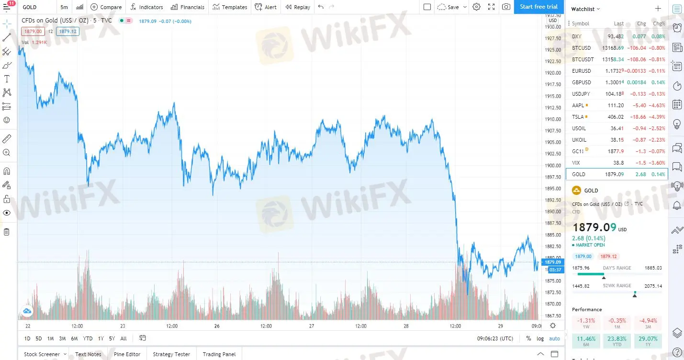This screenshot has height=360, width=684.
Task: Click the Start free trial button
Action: click(538, 7)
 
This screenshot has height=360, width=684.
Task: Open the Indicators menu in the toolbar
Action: click(147, 7)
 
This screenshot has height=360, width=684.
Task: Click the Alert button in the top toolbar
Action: click(266, 7)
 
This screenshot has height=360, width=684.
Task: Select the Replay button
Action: click(297, 7)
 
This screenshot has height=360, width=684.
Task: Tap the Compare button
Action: click(106, 7)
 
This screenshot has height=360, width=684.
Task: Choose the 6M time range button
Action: click(74, 338)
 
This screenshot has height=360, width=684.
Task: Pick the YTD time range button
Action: click(88, 338)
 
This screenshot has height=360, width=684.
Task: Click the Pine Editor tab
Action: click(127, 354)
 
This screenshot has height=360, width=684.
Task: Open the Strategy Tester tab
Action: click(171, 354)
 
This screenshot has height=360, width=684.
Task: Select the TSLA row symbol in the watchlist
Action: click(578, 117)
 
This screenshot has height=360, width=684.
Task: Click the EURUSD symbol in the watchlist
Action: click(582, 71)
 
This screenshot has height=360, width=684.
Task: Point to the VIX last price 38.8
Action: click(619, 163)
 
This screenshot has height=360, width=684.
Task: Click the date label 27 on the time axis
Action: click(312, 326)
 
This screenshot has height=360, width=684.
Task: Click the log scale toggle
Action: click(540, 338)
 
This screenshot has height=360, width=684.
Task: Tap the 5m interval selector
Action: click(64, 7)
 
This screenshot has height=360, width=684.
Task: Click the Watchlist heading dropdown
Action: click(585, 9)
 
